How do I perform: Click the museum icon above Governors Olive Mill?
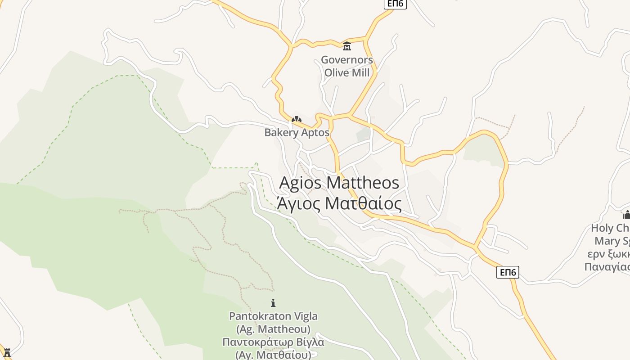pos(347,46)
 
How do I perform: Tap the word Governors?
pos(347,60)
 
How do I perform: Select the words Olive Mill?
pos(347,72)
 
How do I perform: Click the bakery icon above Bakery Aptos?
pos(296,120)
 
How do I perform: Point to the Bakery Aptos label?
pos(297,133)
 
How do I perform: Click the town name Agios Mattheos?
pos(339,183)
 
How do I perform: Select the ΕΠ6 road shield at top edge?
pos(395,4)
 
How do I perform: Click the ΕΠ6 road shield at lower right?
pos(508,272)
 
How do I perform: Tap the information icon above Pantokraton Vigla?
pos(273,303)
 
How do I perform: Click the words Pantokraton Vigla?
pos(273,316)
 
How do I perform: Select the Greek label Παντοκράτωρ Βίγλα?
pos(273,342)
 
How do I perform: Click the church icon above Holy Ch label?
pos(626,215)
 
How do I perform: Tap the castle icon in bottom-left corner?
pos(7,353)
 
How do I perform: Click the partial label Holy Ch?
pos(610,228)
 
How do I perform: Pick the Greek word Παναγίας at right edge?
pos(607,267)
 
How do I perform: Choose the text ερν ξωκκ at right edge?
pos(608,254)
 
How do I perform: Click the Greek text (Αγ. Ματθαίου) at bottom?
pos(273,355)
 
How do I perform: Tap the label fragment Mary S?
pos(612,241)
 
